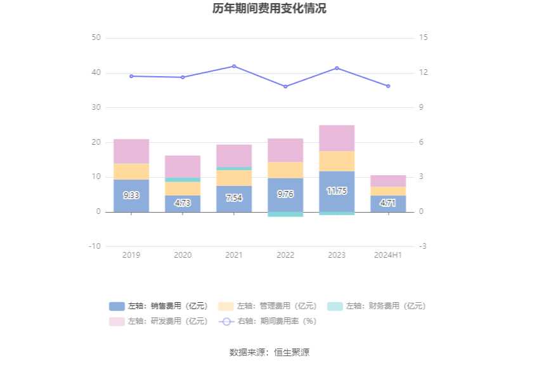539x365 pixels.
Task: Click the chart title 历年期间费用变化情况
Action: coord(269,9)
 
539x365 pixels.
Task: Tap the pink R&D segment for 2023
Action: coord(337,138)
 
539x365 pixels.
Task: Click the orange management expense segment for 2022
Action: coord(285,169)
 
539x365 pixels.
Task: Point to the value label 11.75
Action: coord(337,191)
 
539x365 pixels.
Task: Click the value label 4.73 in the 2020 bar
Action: coord(183,203)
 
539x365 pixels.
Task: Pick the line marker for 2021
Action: coord(234,66)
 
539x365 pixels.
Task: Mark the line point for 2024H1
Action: coord(388,86)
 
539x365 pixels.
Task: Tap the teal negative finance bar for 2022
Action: coord(285,215)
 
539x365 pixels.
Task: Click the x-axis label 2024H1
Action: coord(388,255)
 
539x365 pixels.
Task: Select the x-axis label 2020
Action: coord(183,255)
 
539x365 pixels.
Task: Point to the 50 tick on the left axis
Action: coord(96,37)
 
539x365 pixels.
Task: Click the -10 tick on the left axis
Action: coord(94,246)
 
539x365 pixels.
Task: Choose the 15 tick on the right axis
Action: coord(423,37)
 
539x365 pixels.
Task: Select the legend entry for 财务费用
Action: coord(377,306)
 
